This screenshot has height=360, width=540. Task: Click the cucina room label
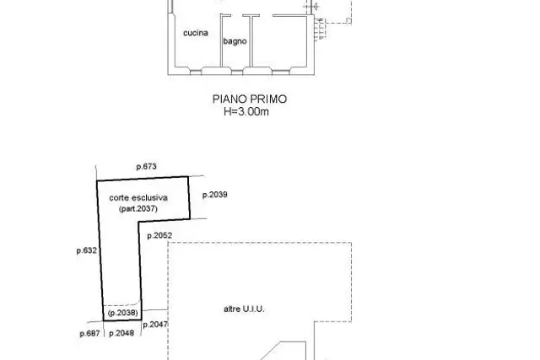point(196,33)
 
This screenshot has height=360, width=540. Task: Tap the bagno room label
point(235,41)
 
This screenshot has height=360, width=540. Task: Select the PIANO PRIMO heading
point(250,99)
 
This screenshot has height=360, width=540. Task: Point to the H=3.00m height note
point(246,111)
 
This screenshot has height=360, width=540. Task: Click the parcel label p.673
point(146,167)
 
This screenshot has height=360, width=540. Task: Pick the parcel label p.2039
point(215,195)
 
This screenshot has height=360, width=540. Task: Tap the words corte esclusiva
point(138,197)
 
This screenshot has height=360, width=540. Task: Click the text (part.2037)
point(138,208)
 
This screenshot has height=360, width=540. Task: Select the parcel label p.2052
point(159,236)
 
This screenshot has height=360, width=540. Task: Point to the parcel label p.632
point(87,250)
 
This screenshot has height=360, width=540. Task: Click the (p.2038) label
point(123,313)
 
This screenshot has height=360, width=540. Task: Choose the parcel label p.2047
point(155,325)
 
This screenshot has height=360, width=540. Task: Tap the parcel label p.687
point(90,334)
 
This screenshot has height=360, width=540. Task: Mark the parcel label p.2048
point(121,333)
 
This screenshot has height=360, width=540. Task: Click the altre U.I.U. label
point(244,309)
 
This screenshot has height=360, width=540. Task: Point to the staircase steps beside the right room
point(320,29)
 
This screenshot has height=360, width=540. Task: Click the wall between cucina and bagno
point(221,40)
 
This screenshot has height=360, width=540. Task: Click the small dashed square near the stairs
point(348,21)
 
